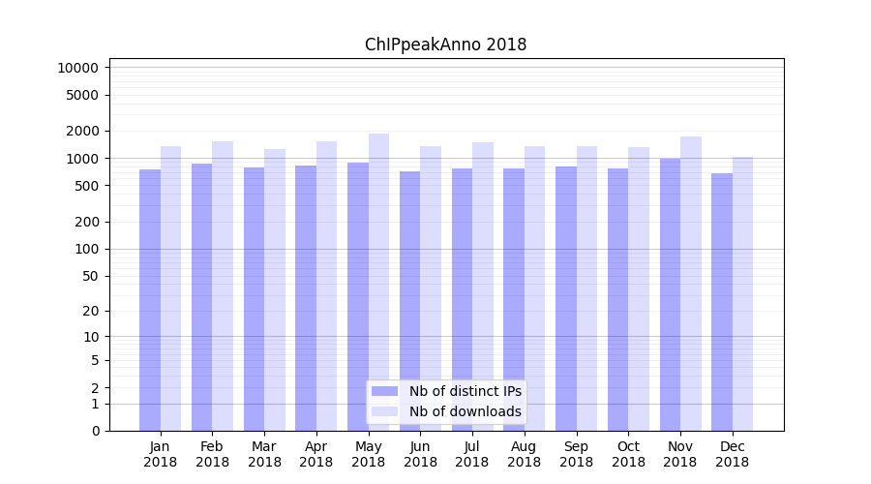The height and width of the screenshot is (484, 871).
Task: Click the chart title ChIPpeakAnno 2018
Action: (445, 45)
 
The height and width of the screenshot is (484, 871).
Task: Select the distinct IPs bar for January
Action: (150, 300)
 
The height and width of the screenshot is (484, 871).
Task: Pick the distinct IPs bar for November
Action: (670, 294)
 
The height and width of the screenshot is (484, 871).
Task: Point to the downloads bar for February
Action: (223, 286)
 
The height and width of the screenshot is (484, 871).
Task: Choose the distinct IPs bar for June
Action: (409, 301)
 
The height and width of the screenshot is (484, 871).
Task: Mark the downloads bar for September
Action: (586, 288)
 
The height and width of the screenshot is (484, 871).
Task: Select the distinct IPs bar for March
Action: (254, 299)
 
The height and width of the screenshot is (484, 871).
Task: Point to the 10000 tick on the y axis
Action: (77, 68)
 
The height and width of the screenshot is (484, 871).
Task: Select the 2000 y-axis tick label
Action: (81, 131)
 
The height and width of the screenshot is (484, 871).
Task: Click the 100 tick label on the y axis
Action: (85, 249)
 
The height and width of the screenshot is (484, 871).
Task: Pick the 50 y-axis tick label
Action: (89, 276)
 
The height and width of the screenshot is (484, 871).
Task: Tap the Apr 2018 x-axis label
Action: (316, 454)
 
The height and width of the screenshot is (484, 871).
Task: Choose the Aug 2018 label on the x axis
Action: (525, 454)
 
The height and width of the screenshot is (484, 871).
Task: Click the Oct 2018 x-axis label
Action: (628, 454)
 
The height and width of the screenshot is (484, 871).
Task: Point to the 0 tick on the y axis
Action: (95, 431)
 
